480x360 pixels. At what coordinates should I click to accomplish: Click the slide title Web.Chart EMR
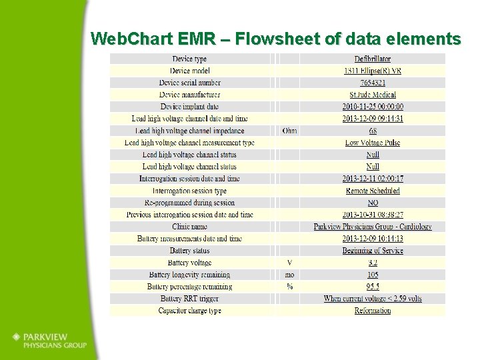click(x=275, y=39)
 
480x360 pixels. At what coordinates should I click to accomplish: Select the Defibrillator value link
click(x=373, y=59)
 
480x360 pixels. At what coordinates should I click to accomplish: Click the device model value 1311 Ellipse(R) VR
click(x=373, y=71)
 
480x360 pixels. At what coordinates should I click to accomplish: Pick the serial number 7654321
click(x=373, y=83)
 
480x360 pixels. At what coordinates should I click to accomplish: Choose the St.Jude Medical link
click(x=373, y=95)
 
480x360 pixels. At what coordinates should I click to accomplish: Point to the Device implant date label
click(x=190, y=107)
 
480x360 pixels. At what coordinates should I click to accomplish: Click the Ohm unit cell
click(x=289, y=131)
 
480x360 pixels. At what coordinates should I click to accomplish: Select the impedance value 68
click(x=373, y=131)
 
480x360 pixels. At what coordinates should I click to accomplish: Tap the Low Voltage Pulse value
click(x=373, y=143)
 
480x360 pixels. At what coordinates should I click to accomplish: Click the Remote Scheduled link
click(x=373, y=191)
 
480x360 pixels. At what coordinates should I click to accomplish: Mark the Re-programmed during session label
click(x=190, y=203)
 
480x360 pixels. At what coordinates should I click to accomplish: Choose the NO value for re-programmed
click(x=373, y=203)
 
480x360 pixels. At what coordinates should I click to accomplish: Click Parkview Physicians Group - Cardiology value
click(x=373, y=227)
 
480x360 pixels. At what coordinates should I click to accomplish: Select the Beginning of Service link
click(x=373, y=251)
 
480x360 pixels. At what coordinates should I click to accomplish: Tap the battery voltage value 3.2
click(x=373, y=263)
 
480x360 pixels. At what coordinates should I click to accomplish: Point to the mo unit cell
click(x=289, y=275)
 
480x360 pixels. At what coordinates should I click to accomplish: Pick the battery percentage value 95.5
click(x=373, y=287)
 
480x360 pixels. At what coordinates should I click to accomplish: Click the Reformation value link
click(x=373, y=311)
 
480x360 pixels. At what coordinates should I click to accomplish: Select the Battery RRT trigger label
click(x=190, y=299)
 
